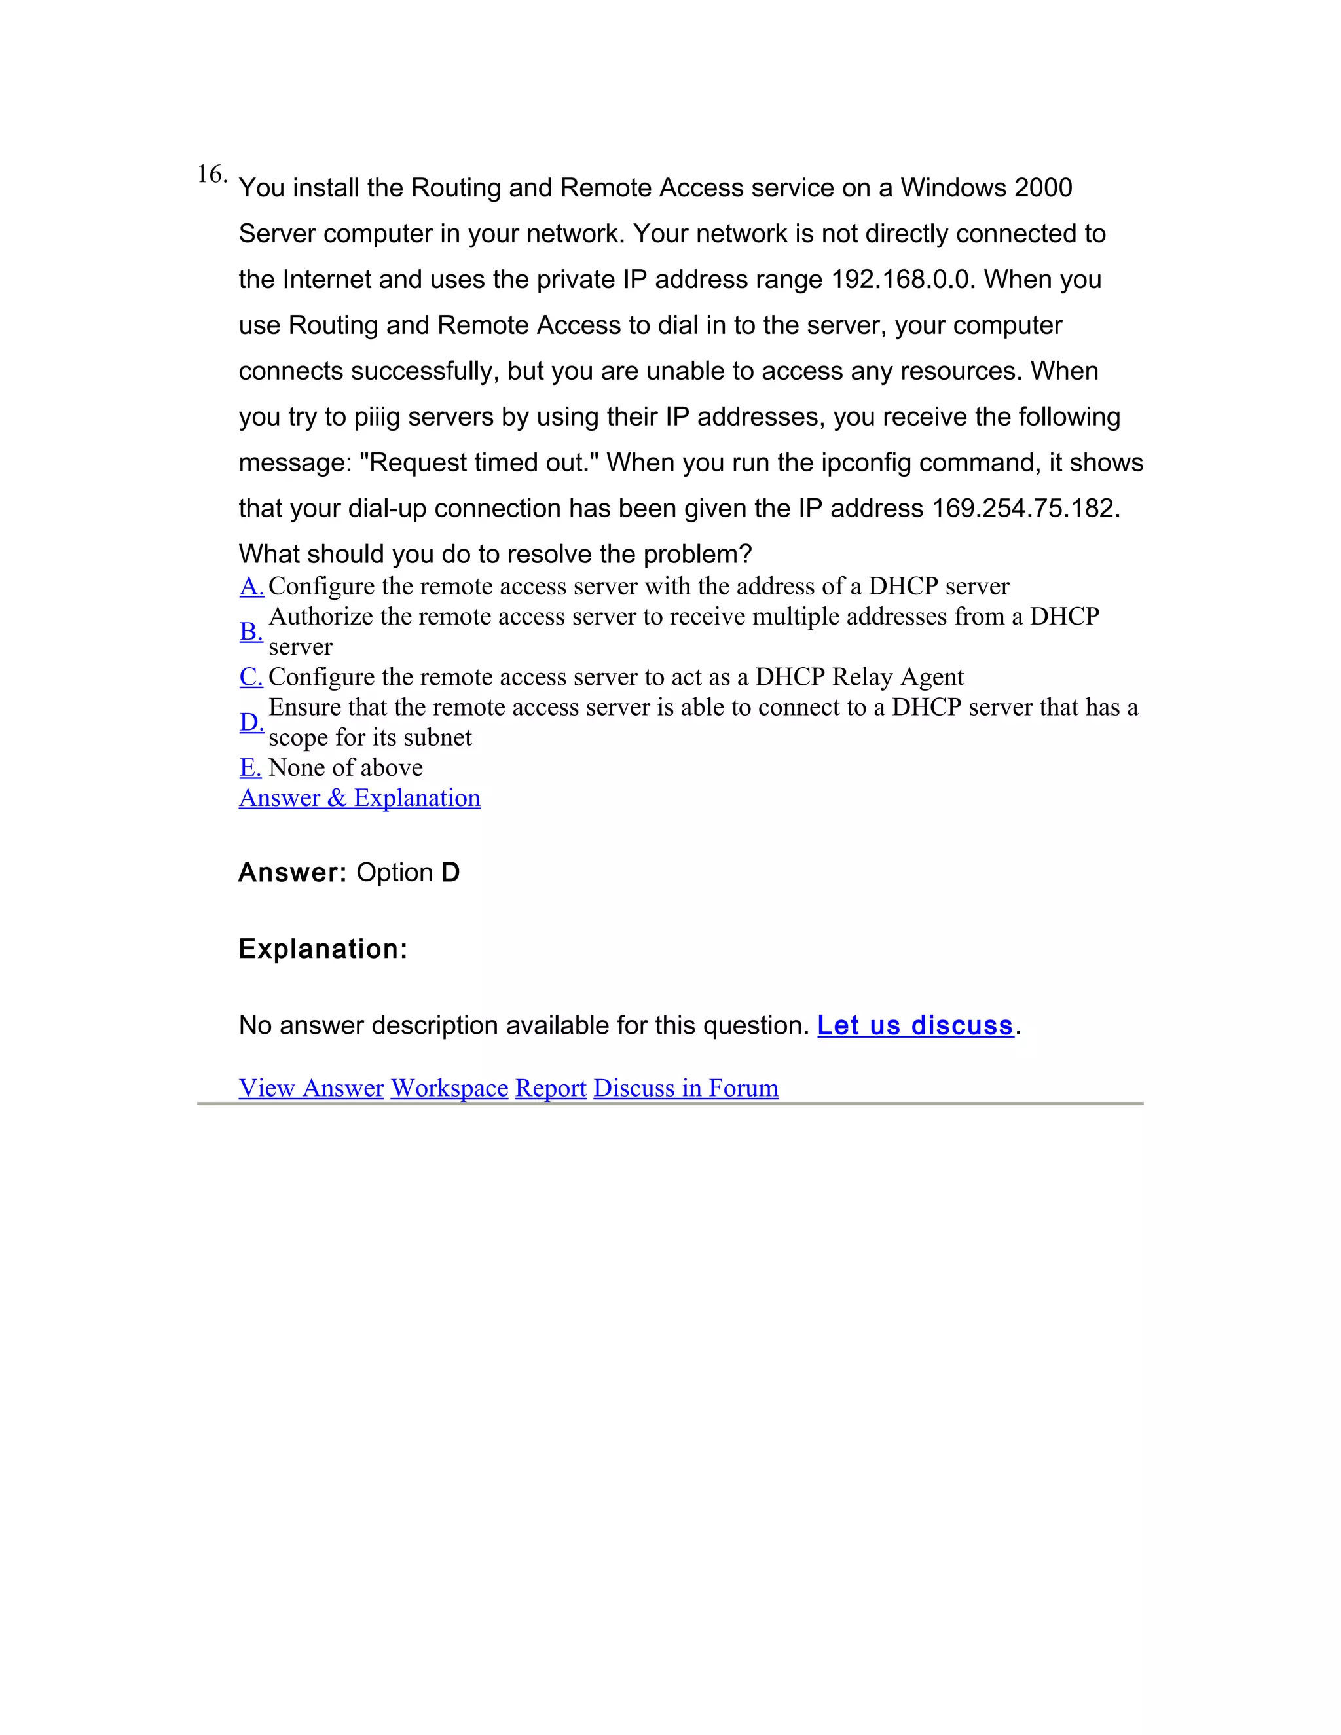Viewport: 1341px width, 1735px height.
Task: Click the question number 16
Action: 211,174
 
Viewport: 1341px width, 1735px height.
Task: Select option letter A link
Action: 251,586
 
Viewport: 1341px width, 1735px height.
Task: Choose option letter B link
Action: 251,632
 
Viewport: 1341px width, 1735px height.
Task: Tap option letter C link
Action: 251,677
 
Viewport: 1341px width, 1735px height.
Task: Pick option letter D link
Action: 251,722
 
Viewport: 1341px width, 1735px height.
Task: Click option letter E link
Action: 250,767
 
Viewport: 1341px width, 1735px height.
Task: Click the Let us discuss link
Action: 915,1025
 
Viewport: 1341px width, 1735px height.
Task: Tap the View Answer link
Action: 312,1087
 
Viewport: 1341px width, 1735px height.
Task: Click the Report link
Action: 551,1087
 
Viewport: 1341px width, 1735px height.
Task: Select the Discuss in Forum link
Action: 686,1087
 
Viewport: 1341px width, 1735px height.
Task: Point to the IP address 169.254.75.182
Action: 1025,509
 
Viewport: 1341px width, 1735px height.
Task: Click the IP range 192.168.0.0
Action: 900,280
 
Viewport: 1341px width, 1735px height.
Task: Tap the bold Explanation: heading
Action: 323,949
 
